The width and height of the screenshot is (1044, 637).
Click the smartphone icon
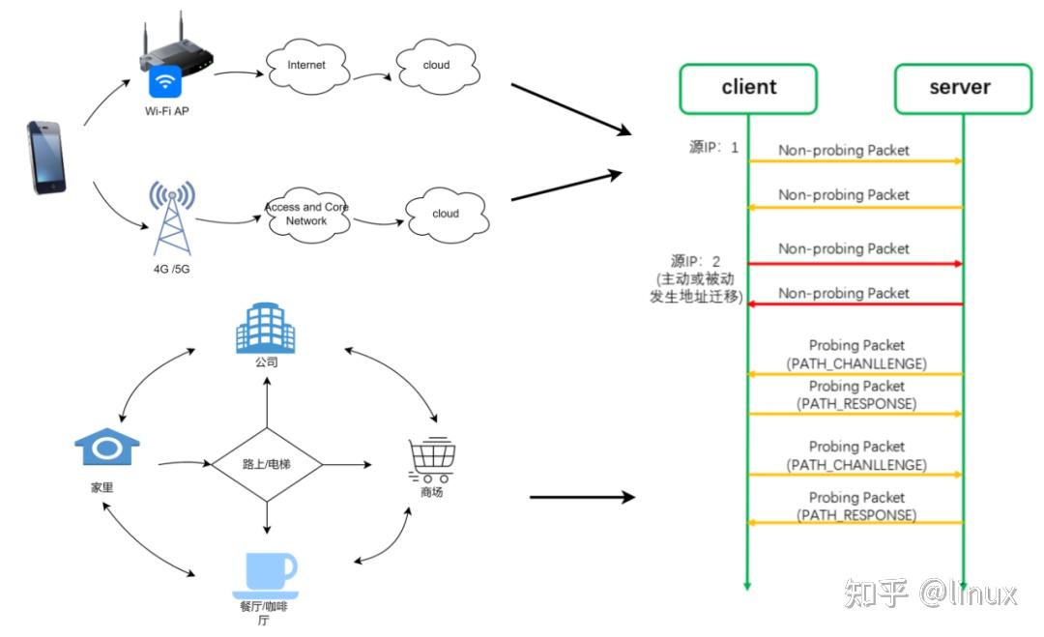pyautogui.click(x=47, y=157)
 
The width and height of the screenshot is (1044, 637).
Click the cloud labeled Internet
pyautogui.click(x=306, y=67)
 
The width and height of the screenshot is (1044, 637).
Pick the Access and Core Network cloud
pyautogui.click(x=306, y=215)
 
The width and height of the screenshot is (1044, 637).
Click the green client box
pyautogui.click(x=748, y=88)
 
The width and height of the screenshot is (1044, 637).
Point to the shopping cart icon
pyautogui.click(x=431, y=459)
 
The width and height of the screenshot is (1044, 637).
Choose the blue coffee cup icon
pyautogui.click(x=270, y=573)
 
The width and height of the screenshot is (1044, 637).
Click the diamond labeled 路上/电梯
pyautogui.click(x=266, y=465)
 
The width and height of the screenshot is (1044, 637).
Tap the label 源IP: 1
pyautogui.click(x=713, y=148)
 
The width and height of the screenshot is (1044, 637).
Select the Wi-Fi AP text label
pyautogui.click(x=167, y=111)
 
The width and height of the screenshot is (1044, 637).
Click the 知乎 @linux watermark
pyautogui.click(x=930, y=591)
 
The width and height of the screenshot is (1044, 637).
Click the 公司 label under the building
pyautogui.click(x=266, y=363)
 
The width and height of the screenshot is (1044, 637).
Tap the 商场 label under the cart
pyautogui.click(x=431, y=492)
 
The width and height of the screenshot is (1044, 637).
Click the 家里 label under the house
pyautogui.click(x=101, y=488)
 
